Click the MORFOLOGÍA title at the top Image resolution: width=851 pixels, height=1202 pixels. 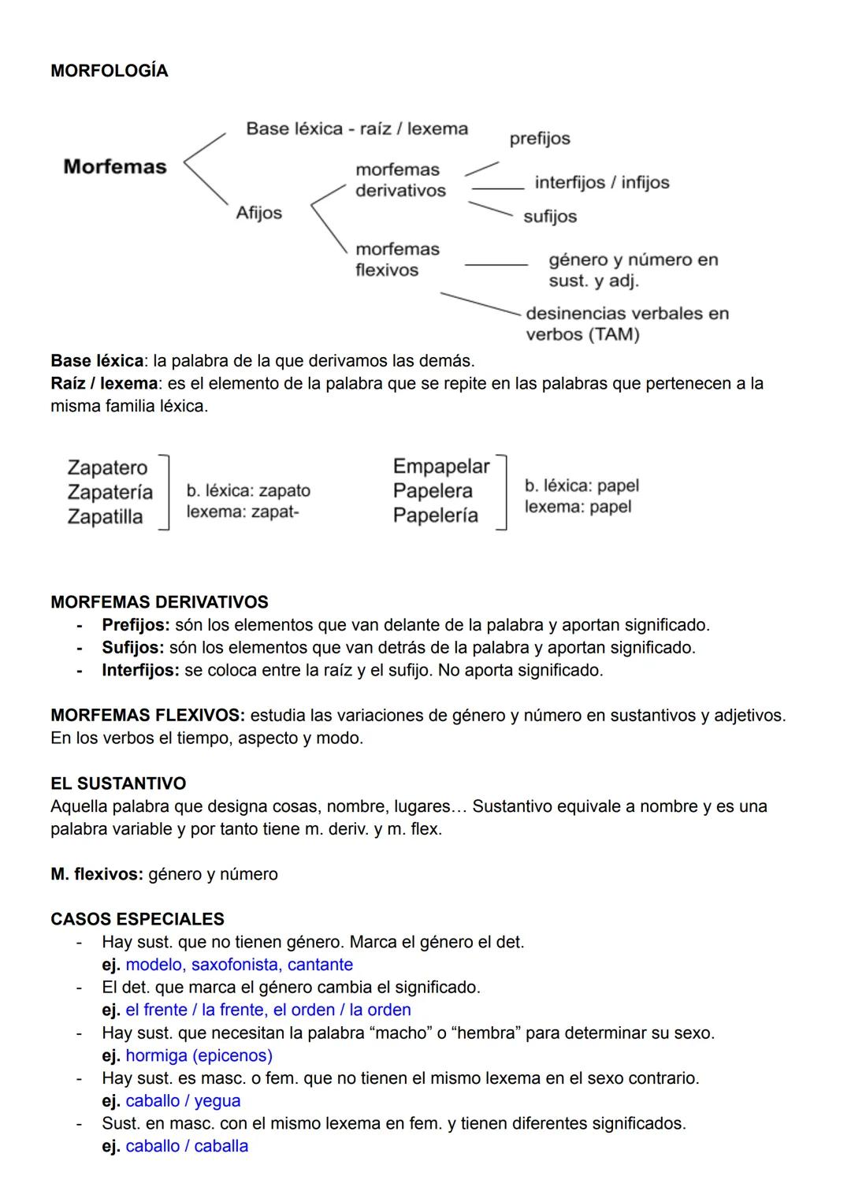coord(109,71)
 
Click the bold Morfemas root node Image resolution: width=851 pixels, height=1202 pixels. coord(115,167)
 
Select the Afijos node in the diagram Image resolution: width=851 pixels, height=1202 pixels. coord(258,213)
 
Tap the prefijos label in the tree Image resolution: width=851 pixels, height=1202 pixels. coord(540,139)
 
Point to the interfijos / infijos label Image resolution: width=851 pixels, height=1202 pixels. coord(601,183)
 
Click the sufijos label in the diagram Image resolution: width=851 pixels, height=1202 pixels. coord(550,217)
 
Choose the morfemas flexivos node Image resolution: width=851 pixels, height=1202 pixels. coord(397,259)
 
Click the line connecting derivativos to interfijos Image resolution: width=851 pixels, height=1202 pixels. coord(498,188)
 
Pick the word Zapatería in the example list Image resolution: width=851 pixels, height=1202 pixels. coord(110,493)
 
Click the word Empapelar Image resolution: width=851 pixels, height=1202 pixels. coord(440,467)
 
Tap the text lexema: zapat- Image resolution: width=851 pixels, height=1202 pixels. coord(243,512)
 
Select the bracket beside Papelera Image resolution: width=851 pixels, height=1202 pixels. coord(501,492)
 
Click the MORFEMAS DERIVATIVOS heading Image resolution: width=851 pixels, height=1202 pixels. coord(159,602)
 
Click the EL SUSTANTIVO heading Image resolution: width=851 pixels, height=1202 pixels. coord(118,783)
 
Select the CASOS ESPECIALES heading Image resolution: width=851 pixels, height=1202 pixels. coord(137,919)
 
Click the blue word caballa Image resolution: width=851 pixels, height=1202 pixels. coord(221,1146)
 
